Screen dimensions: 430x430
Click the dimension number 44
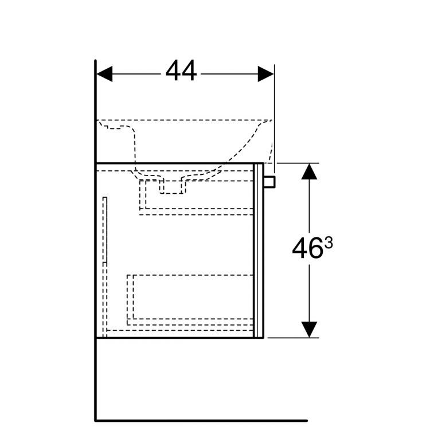(181, 71)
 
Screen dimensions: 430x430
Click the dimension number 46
(307, 249)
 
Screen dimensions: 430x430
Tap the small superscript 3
(329, 243)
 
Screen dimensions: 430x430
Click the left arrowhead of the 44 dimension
(104, 74)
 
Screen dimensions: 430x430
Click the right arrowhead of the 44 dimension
(265, 74)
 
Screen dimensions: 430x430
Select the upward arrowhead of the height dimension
(309, 171)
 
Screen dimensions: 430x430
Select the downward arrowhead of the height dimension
(309, 330)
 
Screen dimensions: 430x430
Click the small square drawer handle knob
(269, 182)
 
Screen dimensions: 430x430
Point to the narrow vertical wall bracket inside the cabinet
(105, 229)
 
